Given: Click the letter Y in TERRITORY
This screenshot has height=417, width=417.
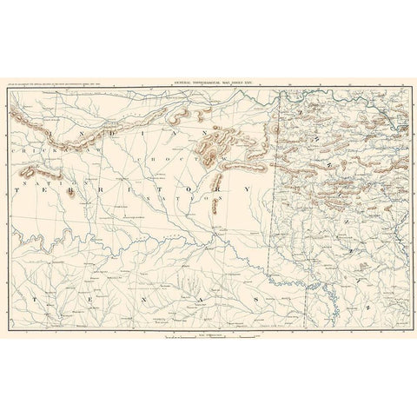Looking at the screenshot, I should tap(246, 187).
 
